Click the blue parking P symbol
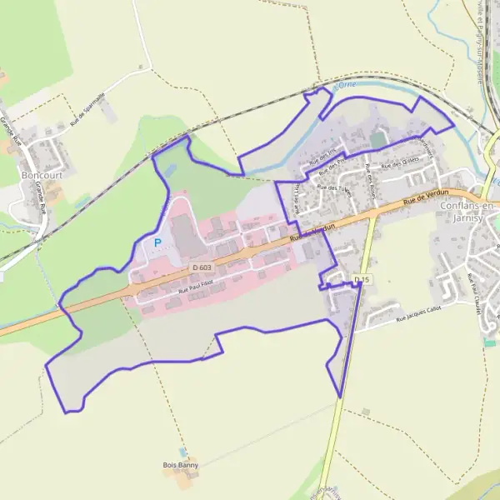pyautogui.click(x=157, y=242)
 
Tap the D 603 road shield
pyautogui.click(x=201, y=267)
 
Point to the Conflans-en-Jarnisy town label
pyautogui.click(x=466, y=212)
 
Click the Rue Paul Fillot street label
pyautogui.click(x=196, y=287)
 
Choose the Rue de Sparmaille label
pyautogui.click(x=88, y=108)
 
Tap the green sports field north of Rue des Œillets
pyautogui.click(x=379, y=139)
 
